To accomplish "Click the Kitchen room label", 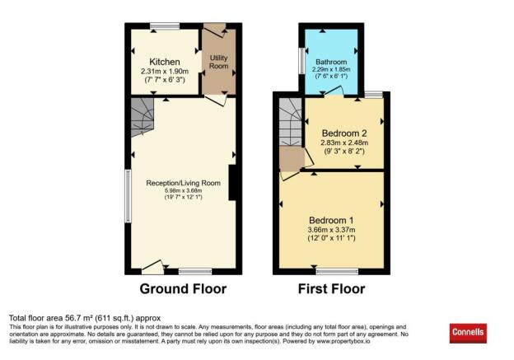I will pyautogui.click(x=165, y=63).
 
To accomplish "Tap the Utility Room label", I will pyautogui.click(x=219, y=62).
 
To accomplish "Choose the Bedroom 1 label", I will pyautogui.click(x=331, y=221).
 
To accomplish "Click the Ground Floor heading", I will pyautogui.click(x=183, y=289).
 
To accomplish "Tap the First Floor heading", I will pyautogui.click(x=331, y=289).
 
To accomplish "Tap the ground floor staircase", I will pyautogui.click(x=142, y=117).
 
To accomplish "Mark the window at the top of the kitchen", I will pyautogui.click(x=165, y=27).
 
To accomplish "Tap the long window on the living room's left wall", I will pyautogui.click(x=128, y=196).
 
